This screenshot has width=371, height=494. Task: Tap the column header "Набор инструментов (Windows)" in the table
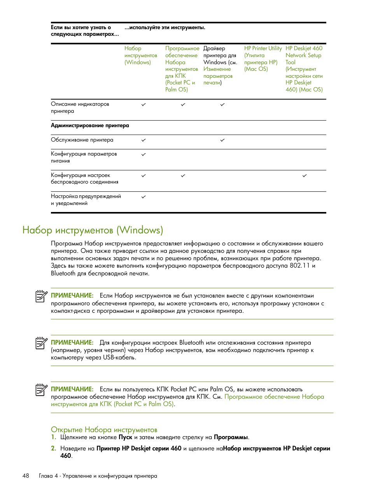(140, 55)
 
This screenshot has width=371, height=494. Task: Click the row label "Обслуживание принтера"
(82, 140)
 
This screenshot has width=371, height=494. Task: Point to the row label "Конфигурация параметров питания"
(84, 157)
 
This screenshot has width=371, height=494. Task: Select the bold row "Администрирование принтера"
(90, 126)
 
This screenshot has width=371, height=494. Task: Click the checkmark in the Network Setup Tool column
(304, 176)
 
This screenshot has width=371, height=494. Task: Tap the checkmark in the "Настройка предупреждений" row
(143, 197)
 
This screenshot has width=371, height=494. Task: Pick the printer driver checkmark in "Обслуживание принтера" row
(222, 140)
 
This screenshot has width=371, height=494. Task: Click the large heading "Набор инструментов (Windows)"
(93, 230)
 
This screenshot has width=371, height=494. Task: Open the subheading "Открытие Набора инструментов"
(104, 429)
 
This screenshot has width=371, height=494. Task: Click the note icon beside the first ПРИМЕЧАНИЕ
(41, 296)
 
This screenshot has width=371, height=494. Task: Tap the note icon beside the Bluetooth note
(41, 343)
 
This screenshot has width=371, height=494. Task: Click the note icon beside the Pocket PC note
(41, 389)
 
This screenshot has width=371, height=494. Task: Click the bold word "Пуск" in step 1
(125, 437)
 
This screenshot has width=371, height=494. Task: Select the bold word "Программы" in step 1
(231, 437)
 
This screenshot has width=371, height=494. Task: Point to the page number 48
(26, 476)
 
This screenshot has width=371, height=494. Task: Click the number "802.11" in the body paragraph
(299, 266)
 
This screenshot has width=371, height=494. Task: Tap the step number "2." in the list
(54, 448)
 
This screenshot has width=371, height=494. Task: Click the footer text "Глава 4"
(48, 476)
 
